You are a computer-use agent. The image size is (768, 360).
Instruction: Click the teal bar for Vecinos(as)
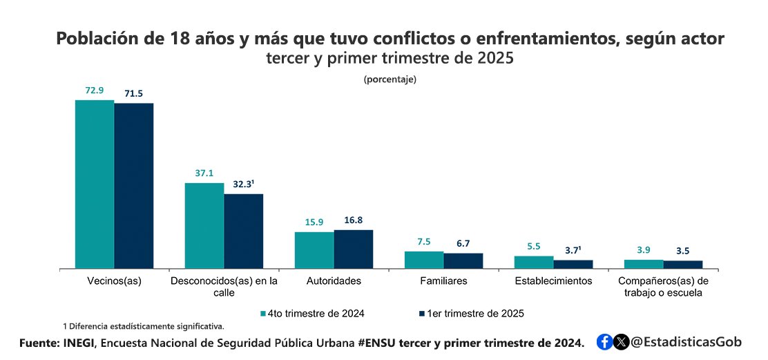[95, 184]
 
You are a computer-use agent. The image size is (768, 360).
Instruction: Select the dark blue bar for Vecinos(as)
[134, 185]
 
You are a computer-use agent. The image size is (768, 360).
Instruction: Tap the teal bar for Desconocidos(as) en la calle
[204, 225]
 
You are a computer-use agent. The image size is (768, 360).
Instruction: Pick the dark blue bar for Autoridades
[354, 249]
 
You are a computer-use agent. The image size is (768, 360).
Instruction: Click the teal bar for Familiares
[424, 260]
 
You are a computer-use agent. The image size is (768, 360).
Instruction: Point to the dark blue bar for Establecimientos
[573, 264]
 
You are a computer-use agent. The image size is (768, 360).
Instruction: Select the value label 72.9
[94, 91]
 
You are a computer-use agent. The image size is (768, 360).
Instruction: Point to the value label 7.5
[423, 241]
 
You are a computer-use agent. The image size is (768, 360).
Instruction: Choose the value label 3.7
[574, 250]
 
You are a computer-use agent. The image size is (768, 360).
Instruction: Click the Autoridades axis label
[334, 281]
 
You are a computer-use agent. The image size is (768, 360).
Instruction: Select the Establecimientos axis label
[553, 281]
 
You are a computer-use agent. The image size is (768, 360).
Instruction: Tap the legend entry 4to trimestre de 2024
[312, 313]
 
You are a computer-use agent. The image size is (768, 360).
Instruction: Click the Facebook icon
[604, 341]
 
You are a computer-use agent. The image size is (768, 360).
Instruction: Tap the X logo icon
[622, 341]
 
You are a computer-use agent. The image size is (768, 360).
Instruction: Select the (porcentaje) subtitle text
[390, 79]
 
